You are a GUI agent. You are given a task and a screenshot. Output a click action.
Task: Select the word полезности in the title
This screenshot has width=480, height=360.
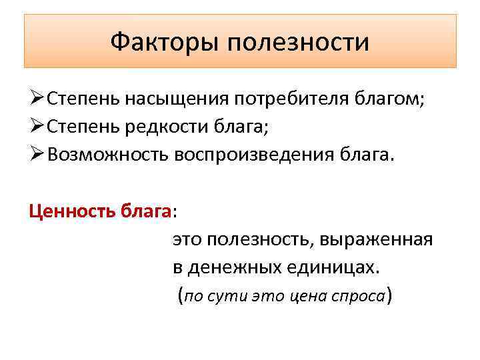coord(299,43)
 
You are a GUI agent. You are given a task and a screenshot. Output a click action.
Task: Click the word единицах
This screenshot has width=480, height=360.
coord(337,267)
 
